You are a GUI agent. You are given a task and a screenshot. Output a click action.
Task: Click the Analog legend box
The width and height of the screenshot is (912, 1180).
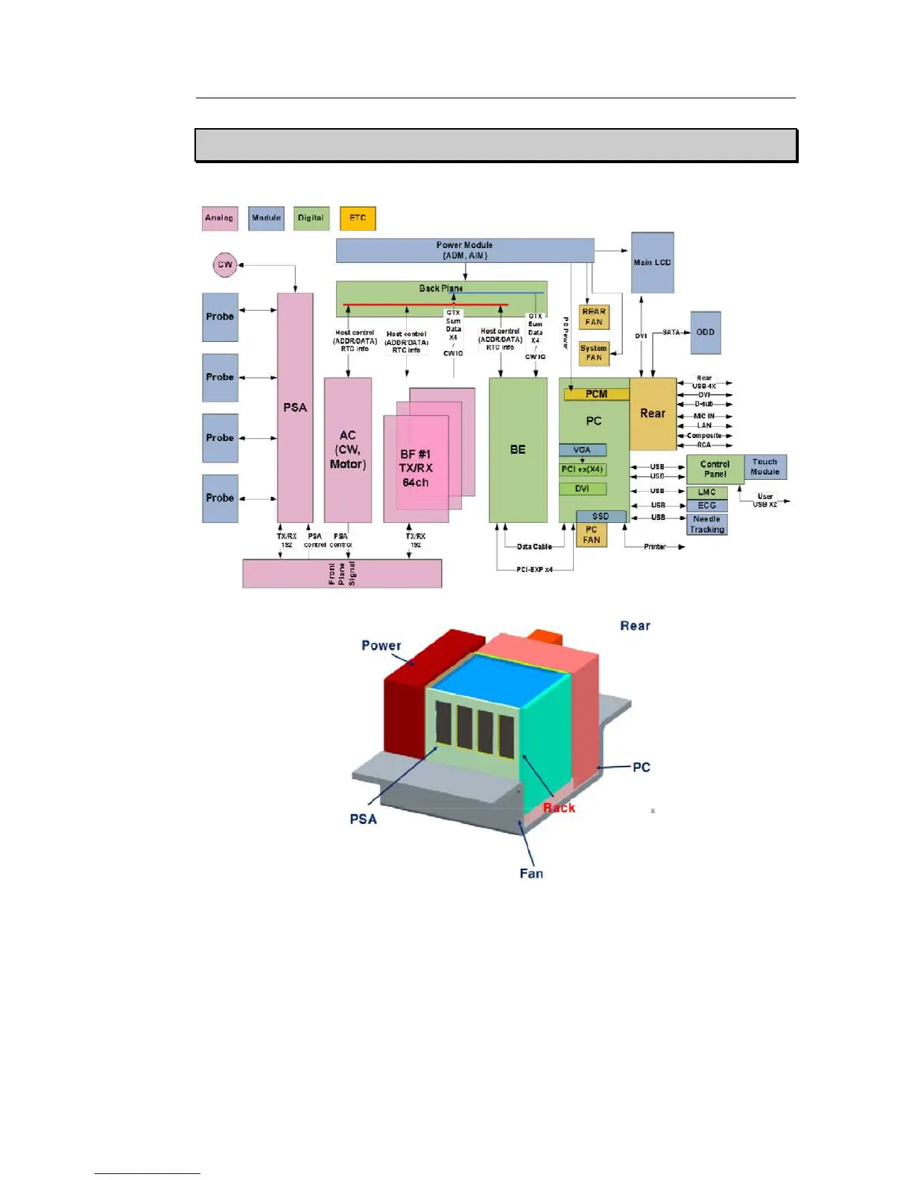(x=220, y=218)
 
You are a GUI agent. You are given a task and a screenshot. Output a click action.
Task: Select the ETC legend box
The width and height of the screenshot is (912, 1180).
(x=358, y=218)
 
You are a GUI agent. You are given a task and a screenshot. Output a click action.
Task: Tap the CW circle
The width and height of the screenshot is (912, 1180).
(x=224, y=264)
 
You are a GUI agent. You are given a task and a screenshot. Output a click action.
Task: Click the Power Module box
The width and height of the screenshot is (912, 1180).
(x=464, y=250)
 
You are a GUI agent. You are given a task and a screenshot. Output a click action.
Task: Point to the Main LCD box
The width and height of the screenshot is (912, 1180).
(x=653, y=262)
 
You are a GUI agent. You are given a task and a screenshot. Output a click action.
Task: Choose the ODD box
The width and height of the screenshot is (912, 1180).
(x=705, y=332)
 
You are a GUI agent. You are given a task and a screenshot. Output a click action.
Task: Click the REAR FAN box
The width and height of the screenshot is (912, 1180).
(x=594, y=317)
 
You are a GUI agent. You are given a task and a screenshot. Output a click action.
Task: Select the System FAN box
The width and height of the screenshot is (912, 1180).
(x=594, y=353)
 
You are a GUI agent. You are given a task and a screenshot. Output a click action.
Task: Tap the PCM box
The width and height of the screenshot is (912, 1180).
(x=596, y=394)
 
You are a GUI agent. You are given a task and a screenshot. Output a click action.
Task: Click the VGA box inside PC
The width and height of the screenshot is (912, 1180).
(x=583, y=450)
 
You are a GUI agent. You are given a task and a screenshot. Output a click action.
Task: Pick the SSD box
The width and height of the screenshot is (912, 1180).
(x=601, y=516)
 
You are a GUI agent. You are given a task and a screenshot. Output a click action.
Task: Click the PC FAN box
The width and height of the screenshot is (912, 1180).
(x=592, y=535)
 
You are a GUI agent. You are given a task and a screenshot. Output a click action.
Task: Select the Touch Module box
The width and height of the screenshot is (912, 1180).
(x=765, y=467)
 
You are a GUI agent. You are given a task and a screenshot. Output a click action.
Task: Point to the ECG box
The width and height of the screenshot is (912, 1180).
(x=706, y=506)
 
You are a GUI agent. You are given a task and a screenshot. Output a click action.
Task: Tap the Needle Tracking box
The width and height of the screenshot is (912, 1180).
(x=706, y=524)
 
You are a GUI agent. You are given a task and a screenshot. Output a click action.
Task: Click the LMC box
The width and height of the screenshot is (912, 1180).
(x=706, y=492)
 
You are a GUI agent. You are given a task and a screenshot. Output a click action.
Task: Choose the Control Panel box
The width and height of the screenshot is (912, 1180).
(x=715, y=469)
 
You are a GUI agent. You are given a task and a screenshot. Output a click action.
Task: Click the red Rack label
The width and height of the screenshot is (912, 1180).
(x=559, y=808)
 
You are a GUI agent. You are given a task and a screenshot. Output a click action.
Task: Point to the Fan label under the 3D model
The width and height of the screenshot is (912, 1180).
(x=531, y=874)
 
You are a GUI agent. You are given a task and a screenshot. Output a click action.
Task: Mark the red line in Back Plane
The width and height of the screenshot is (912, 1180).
(x=425, y=305)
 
